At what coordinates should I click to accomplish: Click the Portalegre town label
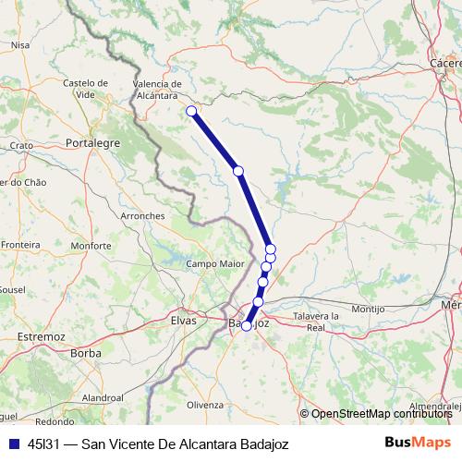click(x=94, y=143)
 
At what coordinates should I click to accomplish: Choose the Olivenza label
click(x=205, y=405)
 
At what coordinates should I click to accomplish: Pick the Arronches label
click(x=142, y=215)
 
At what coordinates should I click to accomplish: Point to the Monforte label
click(x=91, y=246)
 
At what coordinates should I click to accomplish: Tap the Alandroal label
click(x=103, y=396)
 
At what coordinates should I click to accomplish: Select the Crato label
click(x=21, y=146)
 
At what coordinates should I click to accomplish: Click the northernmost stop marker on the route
click(x=191, y=112)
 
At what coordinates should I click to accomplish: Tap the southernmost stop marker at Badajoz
click(x=247, y=325)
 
